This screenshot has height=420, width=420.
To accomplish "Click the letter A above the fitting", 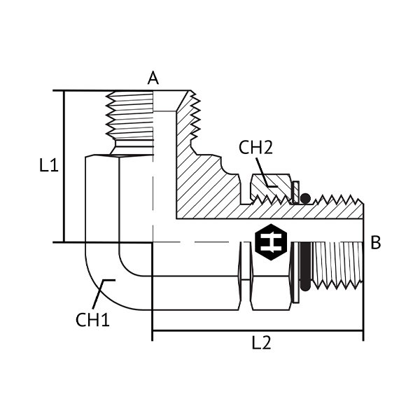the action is (x=153, y=78).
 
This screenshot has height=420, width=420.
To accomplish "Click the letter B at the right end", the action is (x=375, y=242).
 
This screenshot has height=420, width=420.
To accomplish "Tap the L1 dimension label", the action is (x=49, y=165).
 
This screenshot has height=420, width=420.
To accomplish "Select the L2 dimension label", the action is (x=261, y=342).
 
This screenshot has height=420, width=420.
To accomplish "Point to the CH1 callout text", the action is (x=92, y=320).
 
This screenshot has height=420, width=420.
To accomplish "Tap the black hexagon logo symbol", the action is (x=271, y=242).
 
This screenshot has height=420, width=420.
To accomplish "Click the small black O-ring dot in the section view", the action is (x=305, y=199).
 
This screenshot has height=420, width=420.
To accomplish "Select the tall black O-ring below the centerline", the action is (x=306, y=266).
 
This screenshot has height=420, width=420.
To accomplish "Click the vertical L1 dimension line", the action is (x=64, y=167).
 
